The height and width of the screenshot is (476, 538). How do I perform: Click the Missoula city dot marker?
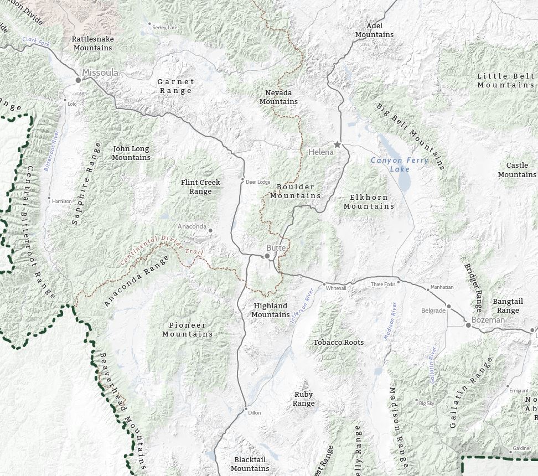pos(79,80)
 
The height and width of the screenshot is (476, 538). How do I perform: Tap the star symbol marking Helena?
pos(337,144)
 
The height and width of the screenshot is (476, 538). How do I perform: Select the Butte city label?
pos(276,248)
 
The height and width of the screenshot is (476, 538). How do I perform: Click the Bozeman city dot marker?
pos(468,325)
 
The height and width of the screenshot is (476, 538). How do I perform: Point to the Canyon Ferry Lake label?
pos(399,164)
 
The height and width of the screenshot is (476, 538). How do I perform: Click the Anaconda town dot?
pos(210,230)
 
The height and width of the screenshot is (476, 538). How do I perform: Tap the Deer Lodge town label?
pos(257,182)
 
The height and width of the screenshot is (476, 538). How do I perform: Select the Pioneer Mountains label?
pos(188,329)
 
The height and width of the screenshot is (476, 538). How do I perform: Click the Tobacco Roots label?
pos(339,342)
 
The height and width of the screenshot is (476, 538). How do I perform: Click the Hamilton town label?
pos(61,201)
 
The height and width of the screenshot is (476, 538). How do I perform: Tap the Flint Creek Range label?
pos(200,187)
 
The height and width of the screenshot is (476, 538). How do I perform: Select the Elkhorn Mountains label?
pos(369,201)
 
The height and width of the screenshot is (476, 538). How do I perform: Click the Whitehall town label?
pos(336,288)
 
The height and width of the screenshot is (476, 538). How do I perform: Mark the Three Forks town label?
pos(383,284)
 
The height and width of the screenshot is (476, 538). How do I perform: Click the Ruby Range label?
pos(303,399)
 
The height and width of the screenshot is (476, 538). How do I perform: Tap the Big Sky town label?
pos(426,403)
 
